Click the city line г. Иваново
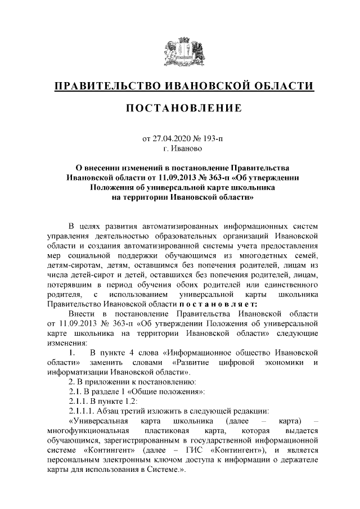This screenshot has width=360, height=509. click(180, 148)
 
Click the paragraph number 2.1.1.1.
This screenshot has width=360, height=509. click(82, 410)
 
